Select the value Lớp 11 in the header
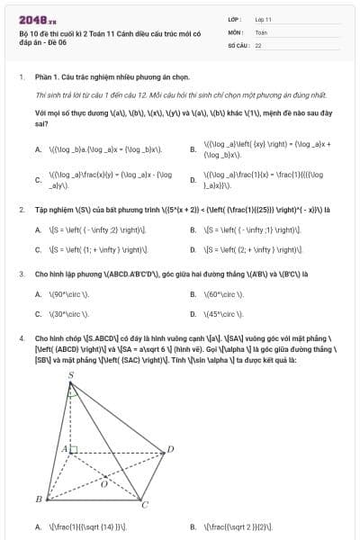(x=264, y=19)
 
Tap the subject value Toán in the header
(x=261, y=31)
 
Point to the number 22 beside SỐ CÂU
(x=258, y=44)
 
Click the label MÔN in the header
(x=236, y=31)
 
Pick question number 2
(x=22, y=210)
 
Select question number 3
(x=22, y=272)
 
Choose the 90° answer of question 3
(x=68, y=293)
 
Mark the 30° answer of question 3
(x=68, y=314)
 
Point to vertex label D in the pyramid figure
(x=172, y=447)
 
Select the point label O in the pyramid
(x=104, y=483)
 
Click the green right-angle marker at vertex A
(x=73, y=448)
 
